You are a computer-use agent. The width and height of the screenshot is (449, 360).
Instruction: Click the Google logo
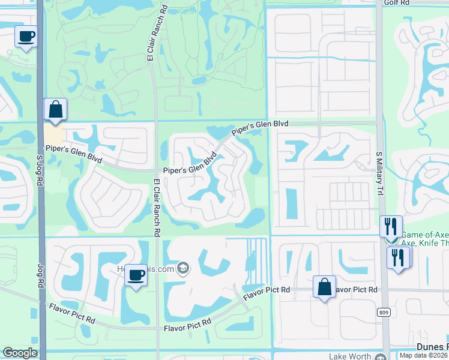pos(20,353)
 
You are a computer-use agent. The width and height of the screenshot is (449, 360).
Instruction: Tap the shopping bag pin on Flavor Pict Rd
pos(324,286)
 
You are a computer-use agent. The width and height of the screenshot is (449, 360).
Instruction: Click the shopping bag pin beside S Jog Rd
pos(55,109)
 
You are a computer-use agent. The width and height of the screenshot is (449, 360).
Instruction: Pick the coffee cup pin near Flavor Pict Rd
pos(137,275)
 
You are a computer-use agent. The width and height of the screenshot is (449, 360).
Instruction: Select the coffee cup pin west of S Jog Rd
pos(26,37)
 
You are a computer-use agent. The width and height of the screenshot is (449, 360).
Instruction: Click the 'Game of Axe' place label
pos(424,235)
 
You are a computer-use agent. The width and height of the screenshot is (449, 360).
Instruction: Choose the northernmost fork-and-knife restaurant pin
pos(391,226)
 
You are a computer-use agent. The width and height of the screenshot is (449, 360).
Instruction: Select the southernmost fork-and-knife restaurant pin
pos(399,257)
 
